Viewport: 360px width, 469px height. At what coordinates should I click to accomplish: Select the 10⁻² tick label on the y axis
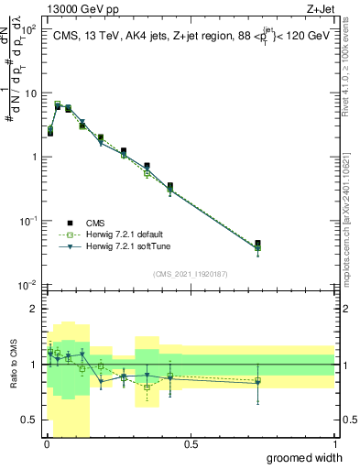pyautogui.click(x=28, y=284)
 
